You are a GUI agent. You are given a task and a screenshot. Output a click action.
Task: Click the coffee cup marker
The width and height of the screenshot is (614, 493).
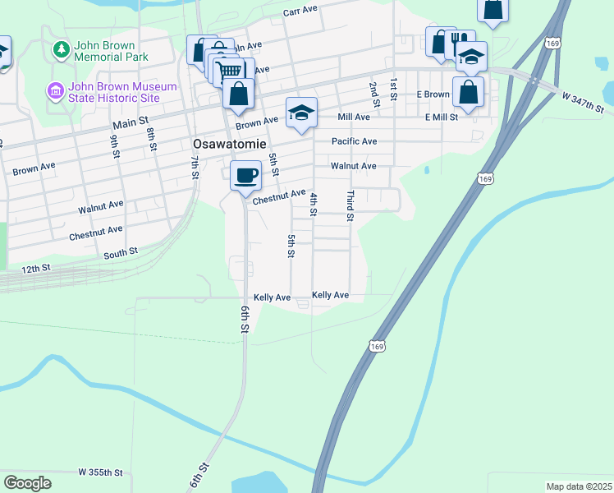pos(245,175)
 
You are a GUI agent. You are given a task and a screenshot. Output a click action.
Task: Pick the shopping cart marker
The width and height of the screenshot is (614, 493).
pos(231,71)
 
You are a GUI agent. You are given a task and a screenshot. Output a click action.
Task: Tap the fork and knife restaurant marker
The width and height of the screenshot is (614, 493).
pos(460,41)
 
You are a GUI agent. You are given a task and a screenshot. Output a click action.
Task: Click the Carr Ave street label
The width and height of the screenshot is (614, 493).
pos(300,12)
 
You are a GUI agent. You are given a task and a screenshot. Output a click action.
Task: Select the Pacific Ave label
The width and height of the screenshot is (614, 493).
pos(354,141)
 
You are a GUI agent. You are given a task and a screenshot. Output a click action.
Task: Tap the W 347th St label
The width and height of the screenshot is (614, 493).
pos(583,103)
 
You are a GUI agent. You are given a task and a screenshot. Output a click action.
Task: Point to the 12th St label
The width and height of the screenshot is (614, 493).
pos(36,268)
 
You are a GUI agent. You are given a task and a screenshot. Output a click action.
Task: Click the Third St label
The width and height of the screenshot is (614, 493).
pos(350,206)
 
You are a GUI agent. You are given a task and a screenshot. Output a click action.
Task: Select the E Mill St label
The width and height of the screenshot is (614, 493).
pos(441,117)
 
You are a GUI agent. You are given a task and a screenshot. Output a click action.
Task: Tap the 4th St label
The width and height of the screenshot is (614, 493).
pos(313,204)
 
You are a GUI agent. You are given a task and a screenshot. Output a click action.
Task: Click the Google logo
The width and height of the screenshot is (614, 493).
pos(27,483)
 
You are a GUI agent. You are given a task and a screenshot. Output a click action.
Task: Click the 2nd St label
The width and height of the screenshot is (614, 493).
pos(373,94)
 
